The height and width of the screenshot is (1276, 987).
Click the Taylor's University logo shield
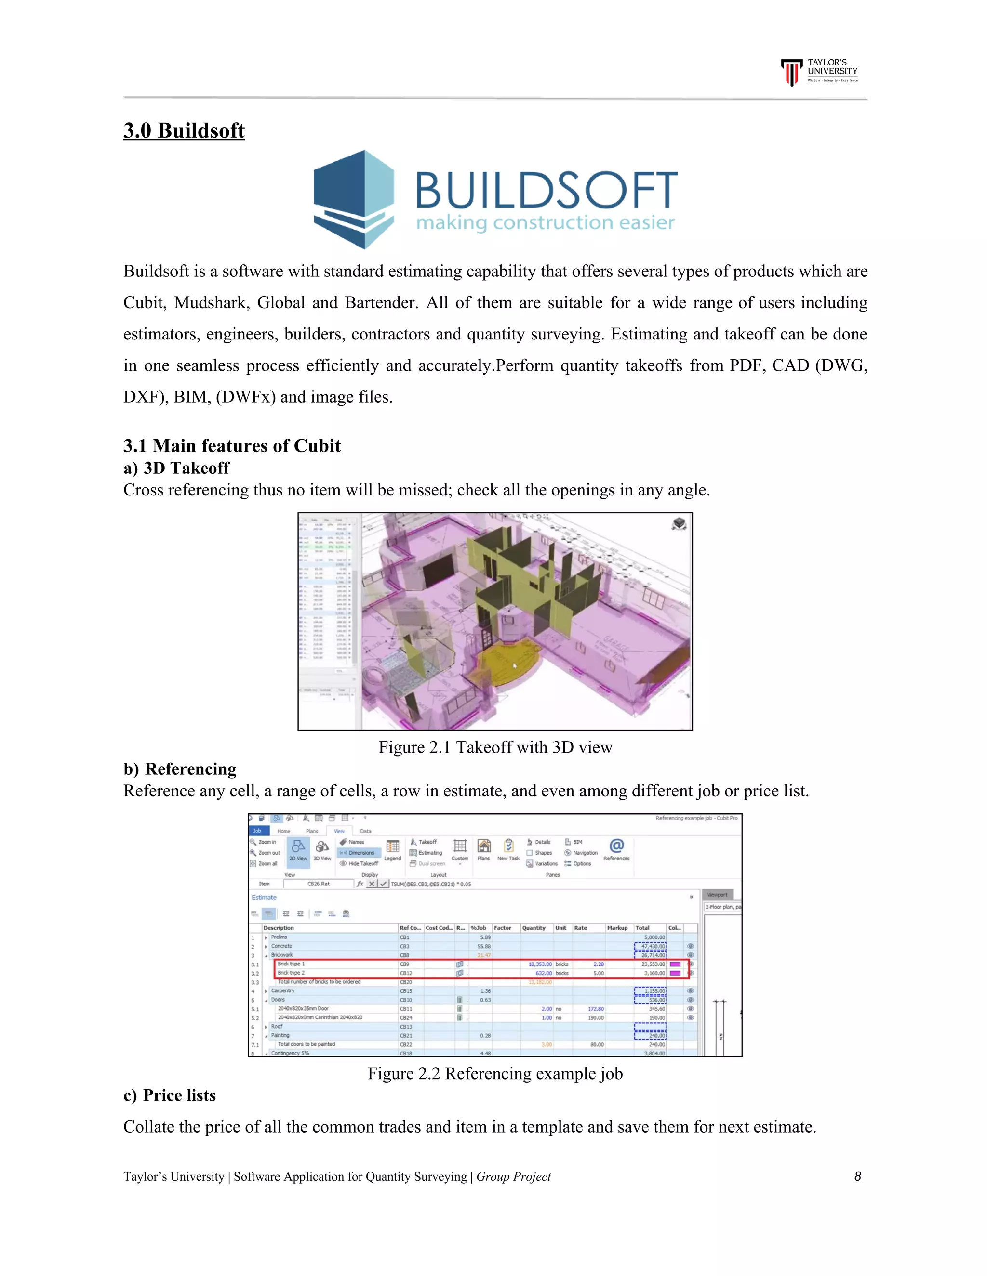point(792,72)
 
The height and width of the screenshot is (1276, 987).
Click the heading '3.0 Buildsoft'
point(184,130)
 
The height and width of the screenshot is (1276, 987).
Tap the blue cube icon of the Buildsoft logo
point(353,199)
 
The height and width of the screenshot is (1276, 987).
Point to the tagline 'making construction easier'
point(545,222)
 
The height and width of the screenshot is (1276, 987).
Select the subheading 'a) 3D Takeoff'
point(176,468)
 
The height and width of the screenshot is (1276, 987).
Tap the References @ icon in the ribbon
point(616,846)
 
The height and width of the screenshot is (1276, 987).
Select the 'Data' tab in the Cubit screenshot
point(365,831)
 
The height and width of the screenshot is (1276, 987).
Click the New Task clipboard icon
point(508,846)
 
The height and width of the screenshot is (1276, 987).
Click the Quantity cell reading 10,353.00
point(540,964)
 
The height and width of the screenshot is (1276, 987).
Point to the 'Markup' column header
point(617,928)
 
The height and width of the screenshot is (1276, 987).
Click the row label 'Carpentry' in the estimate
point(283,991)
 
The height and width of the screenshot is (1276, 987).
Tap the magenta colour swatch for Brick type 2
point(675,973)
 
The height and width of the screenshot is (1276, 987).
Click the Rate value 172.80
point(596,1009)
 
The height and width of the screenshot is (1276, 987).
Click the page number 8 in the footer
point(857,1176)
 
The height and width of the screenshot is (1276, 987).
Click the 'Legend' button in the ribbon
point(392,850)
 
